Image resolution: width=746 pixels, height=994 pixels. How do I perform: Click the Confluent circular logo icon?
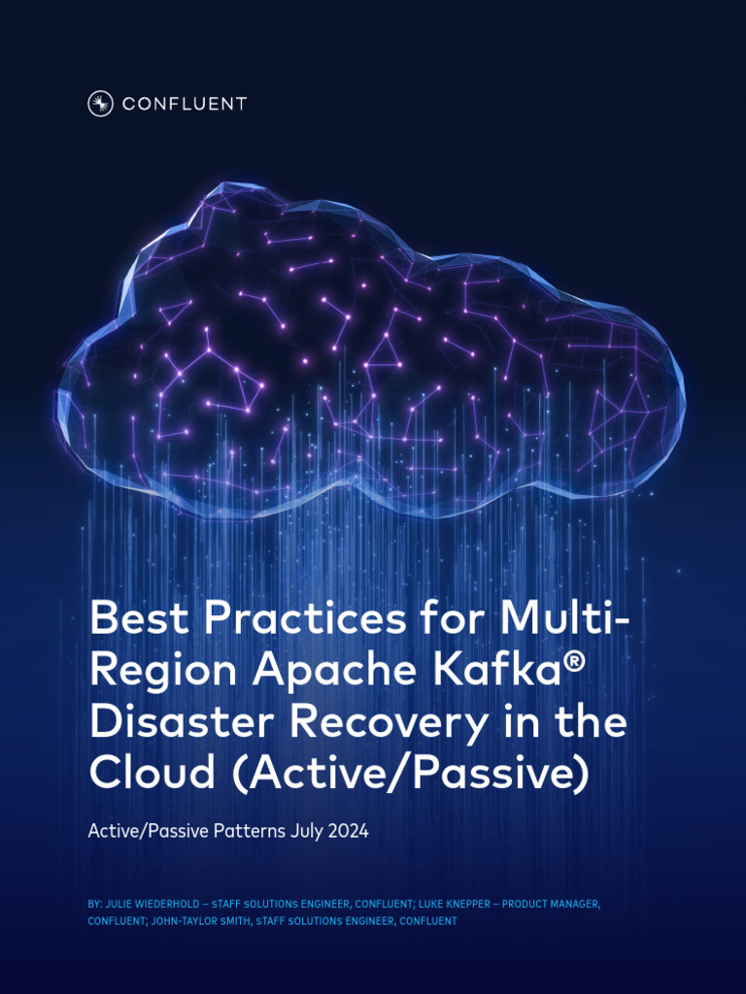click(101, 104)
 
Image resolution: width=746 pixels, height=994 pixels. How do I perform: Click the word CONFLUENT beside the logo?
click(185, 104)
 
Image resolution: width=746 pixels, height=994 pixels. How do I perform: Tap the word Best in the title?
click(135, 618)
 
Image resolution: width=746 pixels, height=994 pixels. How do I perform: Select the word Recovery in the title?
click(390, 722)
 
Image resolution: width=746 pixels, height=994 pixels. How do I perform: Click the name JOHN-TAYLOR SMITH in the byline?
click(202, 921)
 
